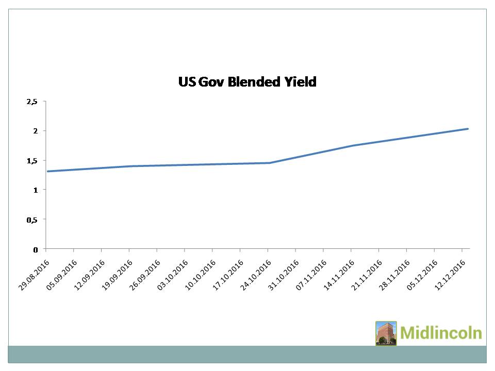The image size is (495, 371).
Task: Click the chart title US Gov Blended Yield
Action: pos(247,81)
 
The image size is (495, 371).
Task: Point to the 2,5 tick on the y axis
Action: pos(32,102)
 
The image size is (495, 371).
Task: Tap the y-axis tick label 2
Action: pos(36,131)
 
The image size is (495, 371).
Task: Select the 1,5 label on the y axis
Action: pos(32,161)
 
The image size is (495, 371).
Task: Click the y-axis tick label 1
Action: pos(36,190)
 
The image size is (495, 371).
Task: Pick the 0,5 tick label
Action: pos(32,220)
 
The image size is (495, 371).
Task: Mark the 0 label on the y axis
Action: pos(36,249)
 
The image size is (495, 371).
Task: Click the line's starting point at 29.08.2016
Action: pos(47,171)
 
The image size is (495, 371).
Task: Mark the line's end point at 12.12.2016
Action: pos(467,129)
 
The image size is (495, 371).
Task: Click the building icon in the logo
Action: pos(386,333)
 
